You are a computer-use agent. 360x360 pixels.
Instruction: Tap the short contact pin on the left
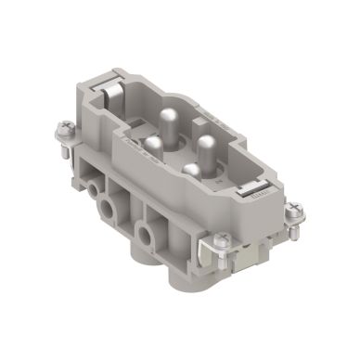tap(152, 145)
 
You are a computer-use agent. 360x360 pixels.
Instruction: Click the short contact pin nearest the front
tap(190, 172)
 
